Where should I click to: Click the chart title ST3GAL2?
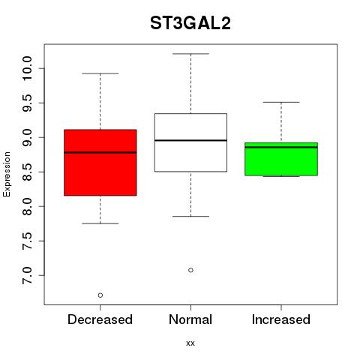[190, 23]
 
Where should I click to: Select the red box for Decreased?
[100, 163]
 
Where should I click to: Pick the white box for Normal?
[190, 142]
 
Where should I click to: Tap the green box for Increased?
[281, 159]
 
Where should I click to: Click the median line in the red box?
[100, 152]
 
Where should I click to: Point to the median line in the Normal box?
[190, 140]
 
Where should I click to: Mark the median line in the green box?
[281, 147]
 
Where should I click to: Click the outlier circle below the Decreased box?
[100, 295]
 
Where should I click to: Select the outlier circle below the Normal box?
[190, 270]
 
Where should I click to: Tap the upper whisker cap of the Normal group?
[190, 54]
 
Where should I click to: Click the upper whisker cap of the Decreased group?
[100, 73]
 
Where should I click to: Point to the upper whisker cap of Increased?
[281, 102]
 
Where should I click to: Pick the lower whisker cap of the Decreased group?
[100, 223]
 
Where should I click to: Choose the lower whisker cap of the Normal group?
[190, 216]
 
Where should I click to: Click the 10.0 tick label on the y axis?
[27, 68]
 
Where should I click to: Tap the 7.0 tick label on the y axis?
[27, 275]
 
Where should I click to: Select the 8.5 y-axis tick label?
[27, 172]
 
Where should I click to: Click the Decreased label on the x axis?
[100, 319]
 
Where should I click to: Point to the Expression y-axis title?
[7, 174]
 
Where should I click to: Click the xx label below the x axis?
[190, 343]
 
